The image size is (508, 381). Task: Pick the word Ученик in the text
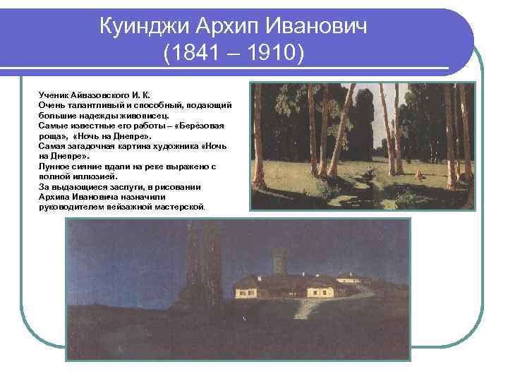(x=54, y=94)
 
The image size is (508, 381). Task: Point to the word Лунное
(x=55, y=166)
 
